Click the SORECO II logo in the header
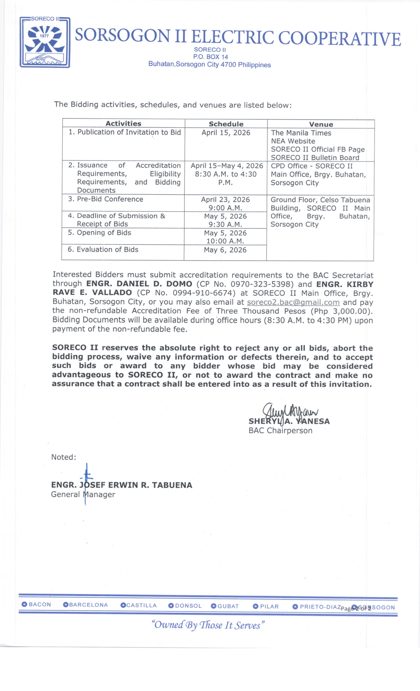click(x=45, y=42)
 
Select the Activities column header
click(x=123, y=124)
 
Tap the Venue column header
click(x=321, y=124)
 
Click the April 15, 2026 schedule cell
click(x=226, y=133)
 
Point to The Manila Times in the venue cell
click(x=301, y=133)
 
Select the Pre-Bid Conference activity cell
click(x=110, y=199)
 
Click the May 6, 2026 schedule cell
click(x=225, y=250)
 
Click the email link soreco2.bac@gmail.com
click(x=293, y=302)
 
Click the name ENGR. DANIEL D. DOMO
click(x=139, y=284)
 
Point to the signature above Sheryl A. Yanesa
click(x=290, y=411)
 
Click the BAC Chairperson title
click(x=280, y=431)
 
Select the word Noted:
click(x=64, y=457)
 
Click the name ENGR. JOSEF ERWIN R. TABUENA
click(x=122, y=485)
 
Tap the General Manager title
click(x=83, y=495)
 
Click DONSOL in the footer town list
click(x=188, y=606)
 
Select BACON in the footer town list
click(x=40, y=604)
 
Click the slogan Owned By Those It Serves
click(x=208, y=625)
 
